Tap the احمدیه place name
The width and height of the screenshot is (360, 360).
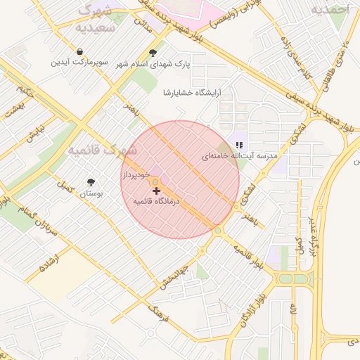coord(330,9)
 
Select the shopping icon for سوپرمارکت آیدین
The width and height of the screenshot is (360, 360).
coord(81,52)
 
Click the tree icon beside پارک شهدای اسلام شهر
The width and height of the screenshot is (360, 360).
coord(153,53)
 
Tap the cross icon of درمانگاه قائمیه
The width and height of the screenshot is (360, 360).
coord(156,191)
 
